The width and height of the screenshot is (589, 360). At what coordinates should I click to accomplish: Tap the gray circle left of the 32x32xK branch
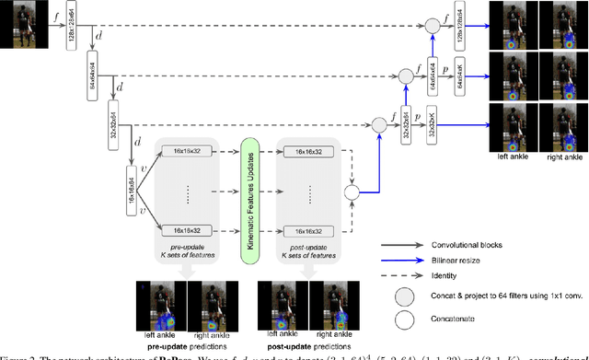pyautogui.click(x=377, y=122)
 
